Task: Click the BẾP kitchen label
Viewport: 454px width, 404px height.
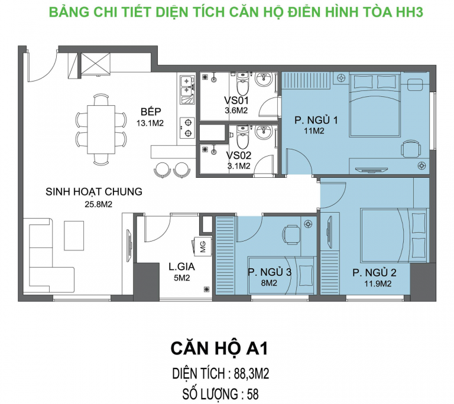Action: point(151,112)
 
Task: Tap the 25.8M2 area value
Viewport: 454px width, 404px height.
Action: point(99,204)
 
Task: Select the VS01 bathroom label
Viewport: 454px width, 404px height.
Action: point(236,100)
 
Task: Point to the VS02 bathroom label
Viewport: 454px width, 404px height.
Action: point(239,156)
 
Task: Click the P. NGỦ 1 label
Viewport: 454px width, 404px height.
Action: point(316,120)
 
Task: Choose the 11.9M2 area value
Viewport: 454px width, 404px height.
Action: point(378,284)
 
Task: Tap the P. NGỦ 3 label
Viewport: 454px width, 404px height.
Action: point(270,272)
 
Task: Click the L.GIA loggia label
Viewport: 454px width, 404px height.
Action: point(181,266)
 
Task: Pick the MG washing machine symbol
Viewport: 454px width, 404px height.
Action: point(202,246)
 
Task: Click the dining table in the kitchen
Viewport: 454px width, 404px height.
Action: point(101,130)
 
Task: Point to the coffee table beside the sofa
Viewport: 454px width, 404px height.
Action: point(74,236)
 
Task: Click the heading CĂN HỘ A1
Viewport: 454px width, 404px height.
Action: point(219,348)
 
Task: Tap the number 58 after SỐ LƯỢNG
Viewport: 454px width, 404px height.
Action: point(252,394)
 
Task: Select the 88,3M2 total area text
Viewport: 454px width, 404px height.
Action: point(252,374)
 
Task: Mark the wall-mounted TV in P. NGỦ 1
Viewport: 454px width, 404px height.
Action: point(371,170)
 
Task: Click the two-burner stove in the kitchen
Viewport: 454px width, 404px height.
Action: point(187,128)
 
